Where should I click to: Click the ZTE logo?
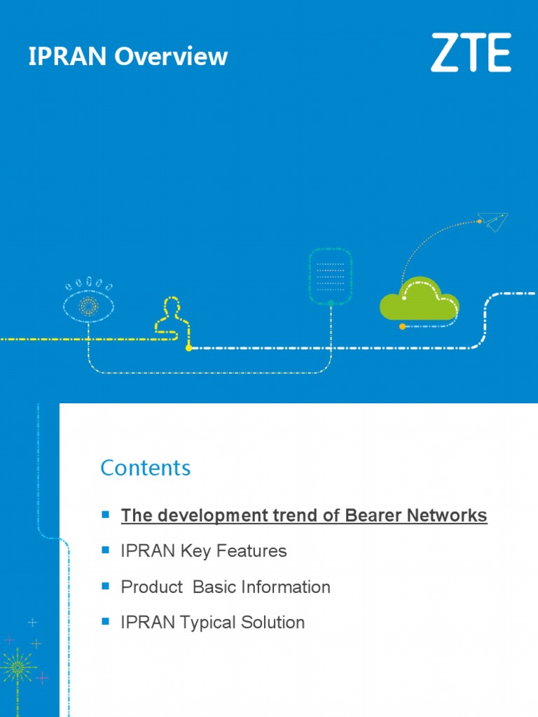coord(470,53)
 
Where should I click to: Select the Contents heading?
coord(145,468)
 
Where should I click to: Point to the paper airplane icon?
coord(495,223)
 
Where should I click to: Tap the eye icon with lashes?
coord(88,304)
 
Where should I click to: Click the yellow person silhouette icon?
coord(171,319)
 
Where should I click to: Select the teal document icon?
coord(330,276)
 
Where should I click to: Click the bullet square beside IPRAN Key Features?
coord(106,550)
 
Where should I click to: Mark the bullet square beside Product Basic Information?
coord(106,586)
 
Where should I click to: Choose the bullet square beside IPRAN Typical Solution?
coord(106,621)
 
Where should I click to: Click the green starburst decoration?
coord(17,667)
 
